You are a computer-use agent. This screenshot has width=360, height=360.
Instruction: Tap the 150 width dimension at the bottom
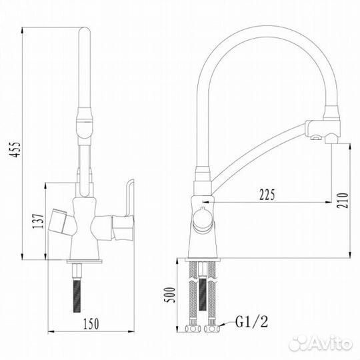[x=91, y=325]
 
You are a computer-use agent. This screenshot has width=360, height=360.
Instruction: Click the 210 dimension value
[x=341, y=199]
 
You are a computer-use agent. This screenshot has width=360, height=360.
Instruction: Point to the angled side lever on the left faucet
[x=58, y=223]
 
